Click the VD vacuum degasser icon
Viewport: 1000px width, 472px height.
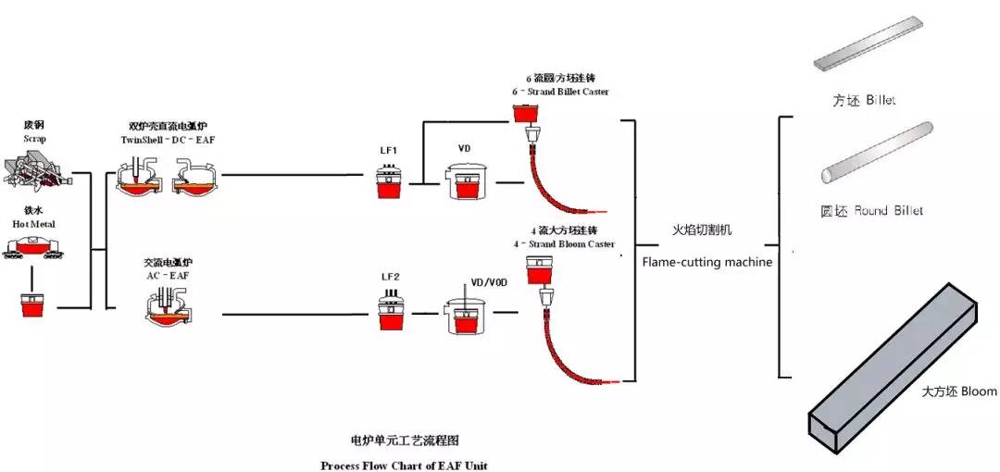tap(469, 181)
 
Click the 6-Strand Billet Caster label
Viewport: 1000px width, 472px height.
tap(560, 93)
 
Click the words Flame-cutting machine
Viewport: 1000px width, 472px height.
tap(707, 262)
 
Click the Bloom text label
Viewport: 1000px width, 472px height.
tap(959, 391)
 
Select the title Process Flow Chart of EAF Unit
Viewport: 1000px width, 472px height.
tap(404, 465)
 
